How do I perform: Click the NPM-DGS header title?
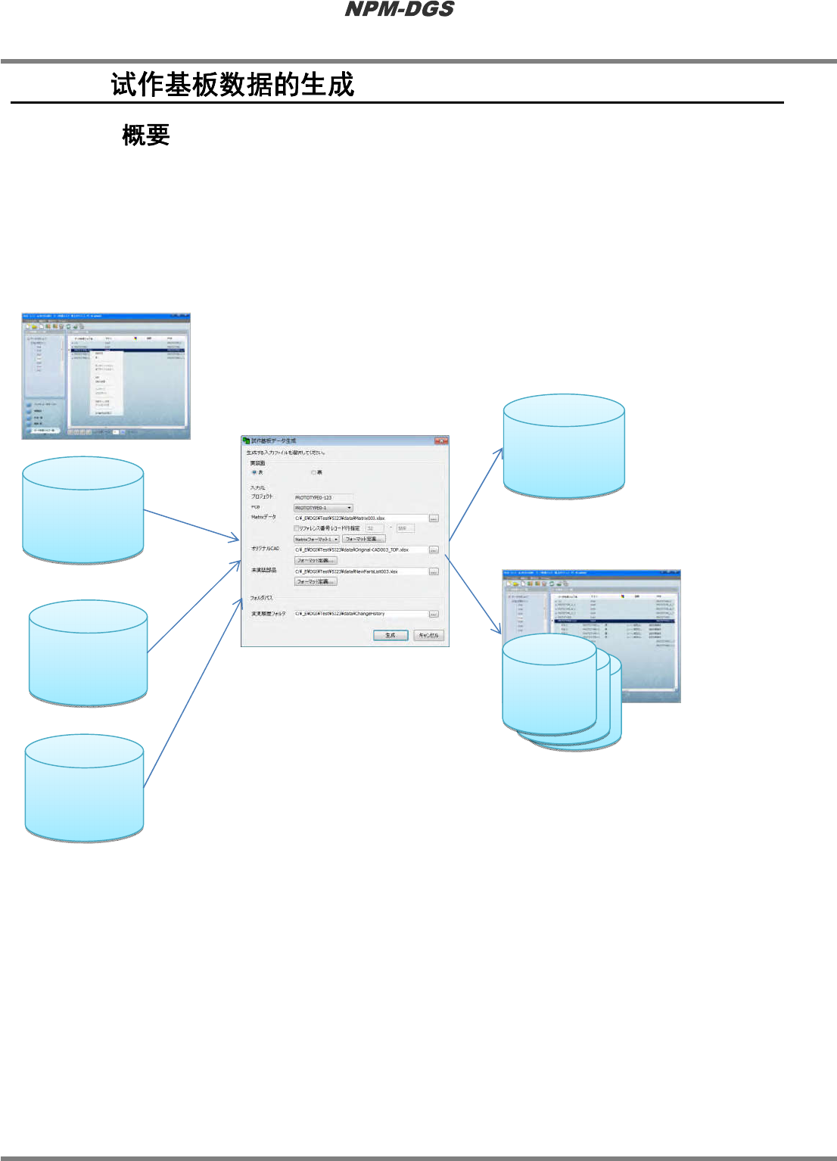(399, 9)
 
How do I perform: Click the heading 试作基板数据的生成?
(232, 84)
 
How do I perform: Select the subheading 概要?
(145, 135)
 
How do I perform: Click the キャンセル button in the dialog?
(428, 635)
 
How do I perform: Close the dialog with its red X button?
(440, 440)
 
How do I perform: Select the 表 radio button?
(254, 472)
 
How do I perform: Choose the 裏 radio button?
(313, 472)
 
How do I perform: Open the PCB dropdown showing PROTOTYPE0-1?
(323, 508)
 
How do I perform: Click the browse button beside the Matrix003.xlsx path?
(434, 518)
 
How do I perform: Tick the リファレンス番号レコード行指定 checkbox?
(297, 528)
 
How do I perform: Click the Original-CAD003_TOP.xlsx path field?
(360, 549)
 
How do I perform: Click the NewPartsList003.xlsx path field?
(360, 571)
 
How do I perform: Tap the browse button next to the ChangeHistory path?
(434, 614)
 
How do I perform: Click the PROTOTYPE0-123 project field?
(322, 497)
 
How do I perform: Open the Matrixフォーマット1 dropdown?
(316, 539)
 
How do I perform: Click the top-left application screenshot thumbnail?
(106, 376)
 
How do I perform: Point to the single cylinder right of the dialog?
(564, 447)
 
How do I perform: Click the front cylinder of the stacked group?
(549, 684)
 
